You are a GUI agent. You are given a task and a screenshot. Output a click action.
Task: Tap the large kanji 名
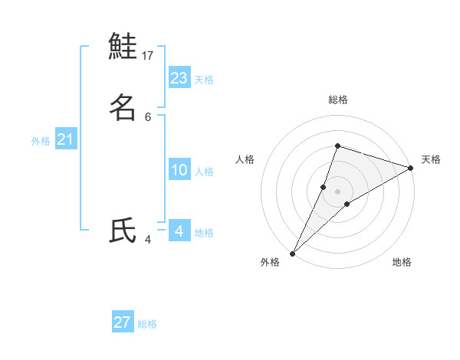point(123,108)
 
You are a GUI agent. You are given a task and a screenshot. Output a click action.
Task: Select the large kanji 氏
point(123,231)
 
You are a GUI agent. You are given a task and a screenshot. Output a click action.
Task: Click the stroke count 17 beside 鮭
point(148,56)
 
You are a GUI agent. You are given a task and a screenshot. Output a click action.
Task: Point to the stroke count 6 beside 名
point(148,116)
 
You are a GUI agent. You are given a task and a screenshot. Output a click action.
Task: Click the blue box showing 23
point(179,77)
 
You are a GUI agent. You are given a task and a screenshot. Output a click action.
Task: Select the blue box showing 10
point(179,170)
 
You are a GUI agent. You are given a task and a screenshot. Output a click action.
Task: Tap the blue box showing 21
point(65,139)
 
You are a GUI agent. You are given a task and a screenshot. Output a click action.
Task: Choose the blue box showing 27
point(123,322)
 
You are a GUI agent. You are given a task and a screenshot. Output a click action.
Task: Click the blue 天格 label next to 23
point(204,80)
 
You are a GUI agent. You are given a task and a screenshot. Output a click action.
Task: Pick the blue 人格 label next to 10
point(204,172)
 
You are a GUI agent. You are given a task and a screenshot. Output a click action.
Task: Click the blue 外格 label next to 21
point(41,141)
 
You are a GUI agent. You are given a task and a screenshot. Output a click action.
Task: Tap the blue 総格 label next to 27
point(147,324)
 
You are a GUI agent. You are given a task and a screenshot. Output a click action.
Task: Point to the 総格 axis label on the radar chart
point(337,100)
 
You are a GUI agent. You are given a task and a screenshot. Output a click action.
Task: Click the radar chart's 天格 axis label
point(431,159)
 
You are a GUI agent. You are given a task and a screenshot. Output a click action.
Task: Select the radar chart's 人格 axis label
point(245,159)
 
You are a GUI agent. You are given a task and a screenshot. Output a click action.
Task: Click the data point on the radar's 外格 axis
point(292,253)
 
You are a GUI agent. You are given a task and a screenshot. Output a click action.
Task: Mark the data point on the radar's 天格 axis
point(410,168)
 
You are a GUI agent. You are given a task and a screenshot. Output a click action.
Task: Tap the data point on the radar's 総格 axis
point(337,146)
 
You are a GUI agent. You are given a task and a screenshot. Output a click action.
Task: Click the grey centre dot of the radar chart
point(337,191)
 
